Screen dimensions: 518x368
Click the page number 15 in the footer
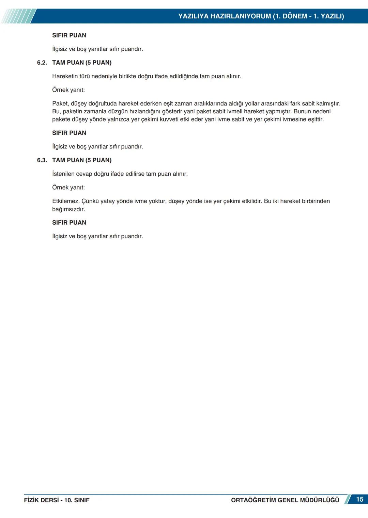pyautogui.click(x=359, y=499)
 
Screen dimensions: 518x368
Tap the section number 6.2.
pyautogui.click(x=42, y=63)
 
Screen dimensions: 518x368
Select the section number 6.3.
pyautogui.click(x=42, y=160)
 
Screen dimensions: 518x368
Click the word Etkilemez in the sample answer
pyautogui.click(x=65, y=201)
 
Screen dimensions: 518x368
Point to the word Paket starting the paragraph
pyautogui.click(x=60, y=103)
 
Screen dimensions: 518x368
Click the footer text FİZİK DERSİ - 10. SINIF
pyautogui.click(x=57, y=500)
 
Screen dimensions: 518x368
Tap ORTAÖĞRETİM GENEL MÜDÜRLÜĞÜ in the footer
pyautogui.click(x=285, y=500)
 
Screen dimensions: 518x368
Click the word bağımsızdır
pyautogui.click(x=68, y=209)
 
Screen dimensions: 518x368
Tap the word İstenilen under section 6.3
pyautogui.click(x=63, y=174)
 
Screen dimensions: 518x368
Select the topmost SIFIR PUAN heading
pyautogui.click(x=69, y=35)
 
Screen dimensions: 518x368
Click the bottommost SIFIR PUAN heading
pyautogui.click(x=69, y=223)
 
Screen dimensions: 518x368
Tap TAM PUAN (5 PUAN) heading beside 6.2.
pyautogui.click(x=82, y=63)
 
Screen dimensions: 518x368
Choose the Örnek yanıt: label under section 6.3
pyautogui.click(x=68, y=188)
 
